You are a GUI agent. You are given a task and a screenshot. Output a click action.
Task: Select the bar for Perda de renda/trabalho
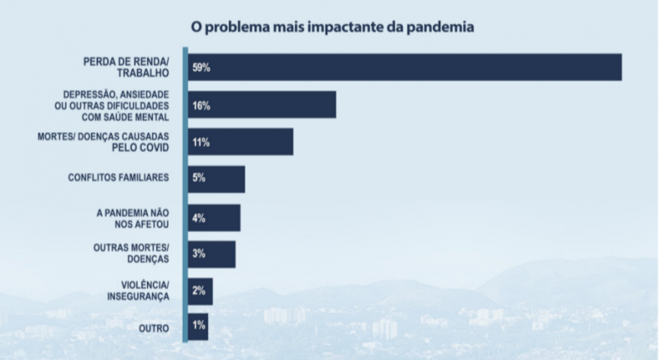tap(413, 67)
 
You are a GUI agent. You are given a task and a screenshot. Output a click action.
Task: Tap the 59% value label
tap(202, 67)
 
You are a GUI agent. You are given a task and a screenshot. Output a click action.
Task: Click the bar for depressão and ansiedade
tap(273, 106)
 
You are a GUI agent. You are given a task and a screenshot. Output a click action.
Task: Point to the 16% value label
tap(202, 106)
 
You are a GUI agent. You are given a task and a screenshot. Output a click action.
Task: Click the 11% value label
tap(201, 142)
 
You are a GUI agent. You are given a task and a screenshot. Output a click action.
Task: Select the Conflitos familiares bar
tap(227, 179)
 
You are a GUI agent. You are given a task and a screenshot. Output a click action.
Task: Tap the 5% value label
tap(199, 179)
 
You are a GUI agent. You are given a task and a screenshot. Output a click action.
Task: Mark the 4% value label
tap(199, 218)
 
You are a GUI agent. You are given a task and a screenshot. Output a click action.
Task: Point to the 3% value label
tap(199, 254)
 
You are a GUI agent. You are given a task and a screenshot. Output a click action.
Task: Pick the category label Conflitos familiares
tap(119, 177)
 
